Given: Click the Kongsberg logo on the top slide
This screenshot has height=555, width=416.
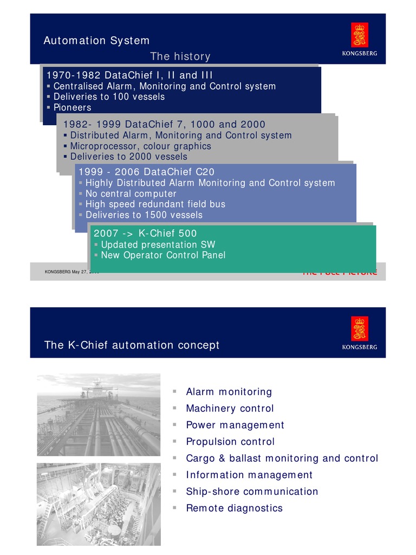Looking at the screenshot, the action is [x=359, y=38].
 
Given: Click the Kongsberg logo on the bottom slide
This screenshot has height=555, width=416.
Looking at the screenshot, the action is [x=359, y=332].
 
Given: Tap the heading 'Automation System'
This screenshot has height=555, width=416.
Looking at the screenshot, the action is [x=96, y=41].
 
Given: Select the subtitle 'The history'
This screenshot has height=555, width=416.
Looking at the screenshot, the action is [x=180, y=56].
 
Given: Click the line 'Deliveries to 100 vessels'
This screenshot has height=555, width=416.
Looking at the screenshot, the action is [x=109, y=97].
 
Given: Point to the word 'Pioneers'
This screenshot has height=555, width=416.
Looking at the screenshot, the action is [x=73, y=108].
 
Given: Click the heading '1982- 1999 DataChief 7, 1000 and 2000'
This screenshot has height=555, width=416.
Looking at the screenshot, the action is [x=164, y=124].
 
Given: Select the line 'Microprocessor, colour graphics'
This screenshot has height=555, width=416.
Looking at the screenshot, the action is [x=141, y=146].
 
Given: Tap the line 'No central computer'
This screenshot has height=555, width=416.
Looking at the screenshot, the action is [x=131, y=193].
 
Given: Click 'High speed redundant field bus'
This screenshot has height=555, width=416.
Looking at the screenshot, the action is [x=155, y=204].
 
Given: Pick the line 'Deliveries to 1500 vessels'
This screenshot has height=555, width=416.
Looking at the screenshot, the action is [x=144, y=215].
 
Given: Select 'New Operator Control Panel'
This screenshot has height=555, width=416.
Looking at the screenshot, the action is [x=163, y=255].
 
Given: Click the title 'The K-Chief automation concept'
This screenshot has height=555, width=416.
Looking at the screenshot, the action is [x=132, y=345].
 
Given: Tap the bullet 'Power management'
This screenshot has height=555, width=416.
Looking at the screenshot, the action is [x=235, y=425].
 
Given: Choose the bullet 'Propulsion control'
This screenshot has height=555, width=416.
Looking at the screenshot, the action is [x=230, y=442].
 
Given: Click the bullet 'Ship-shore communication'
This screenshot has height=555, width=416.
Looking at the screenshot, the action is [x=252, y=492].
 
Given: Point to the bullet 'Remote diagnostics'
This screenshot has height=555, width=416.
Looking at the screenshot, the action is [x=234, y=508].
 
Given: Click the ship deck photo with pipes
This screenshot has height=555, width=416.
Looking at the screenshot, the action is [x=99, y=414].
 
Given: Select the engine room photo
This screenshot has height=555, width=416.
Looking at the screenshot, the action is [x=99, y=504].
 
